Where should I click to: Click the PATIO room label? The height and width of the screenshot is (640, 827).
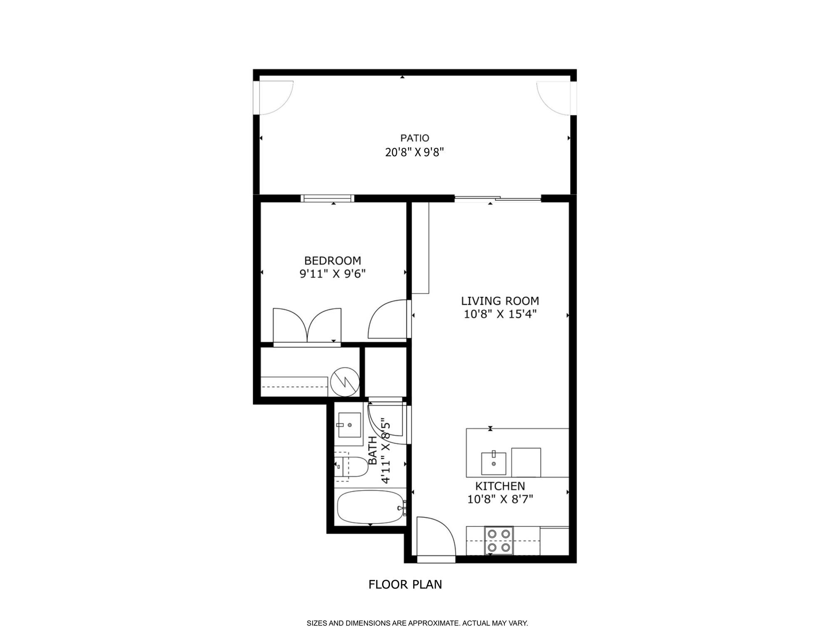[x=415, y=138]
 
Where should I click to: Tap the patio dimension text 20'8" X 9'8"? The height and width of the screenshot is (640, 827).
[x=415, y=152]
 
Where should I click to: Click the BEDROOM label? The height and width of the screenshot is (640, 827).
[x=333, y=261]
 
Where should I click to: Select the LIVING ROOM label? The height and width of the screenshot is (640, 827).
[x=500, y=301]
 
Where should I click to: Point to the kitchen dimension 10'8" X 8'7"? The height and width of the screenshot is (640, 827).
[x=500, y=499]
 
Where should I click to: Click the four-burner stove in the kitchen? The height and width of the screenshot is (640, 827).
[x=499, y=540]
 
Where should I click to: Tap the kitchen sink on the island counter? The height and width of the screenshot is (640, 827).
[x=494, y=463]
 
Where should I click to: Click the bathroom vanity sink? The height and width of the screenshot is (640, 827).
[x=349, y=425]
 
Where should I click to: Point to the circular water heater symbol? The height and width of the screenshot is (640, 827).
[x=345, y=382]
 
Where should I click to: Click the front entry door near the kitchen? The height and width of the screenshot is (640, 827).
[x=436, y=538]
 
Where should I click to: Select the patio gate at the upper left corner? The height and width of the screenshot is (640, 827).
[x=275, y=97]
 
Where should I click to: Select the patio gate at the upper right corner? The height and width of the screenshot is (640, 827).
[x=554, y=97]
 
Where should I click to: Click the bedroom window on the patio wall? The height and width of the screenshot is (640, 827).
[x=328, y=199]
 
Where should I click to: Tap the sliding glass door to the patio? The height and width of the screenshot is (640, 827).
[x=497, y=199]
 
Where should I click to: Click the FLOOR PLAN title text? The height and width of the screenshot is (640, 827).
[x=405, y=585]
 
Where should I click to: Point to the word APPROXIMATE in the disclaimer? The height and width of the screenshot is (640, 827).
[x=434, y=624]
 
